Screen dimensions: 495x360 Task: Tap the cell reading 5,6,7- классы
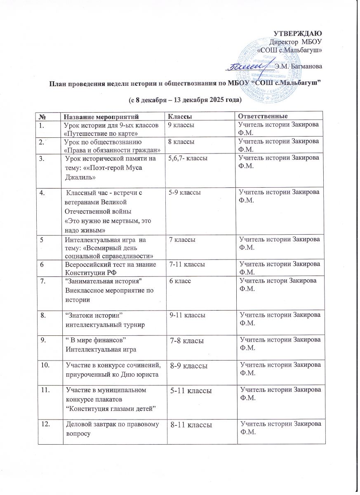pos(185,158)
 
